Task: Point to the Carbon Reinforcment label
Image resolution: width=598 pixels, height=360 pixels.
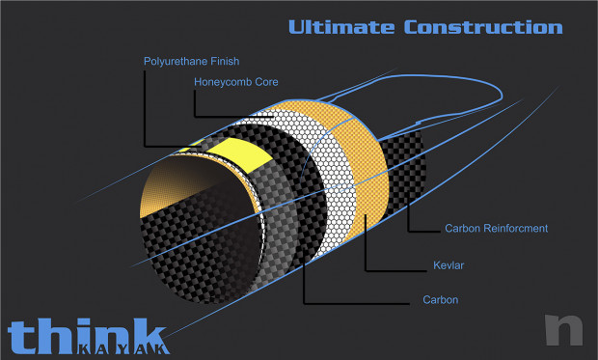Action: point(496,229)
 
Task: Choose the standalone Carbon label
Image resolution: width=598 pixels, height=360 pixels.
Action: point(440,300)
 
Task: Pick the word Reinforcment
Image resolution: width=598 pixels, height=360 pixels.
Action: point(515,229)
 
